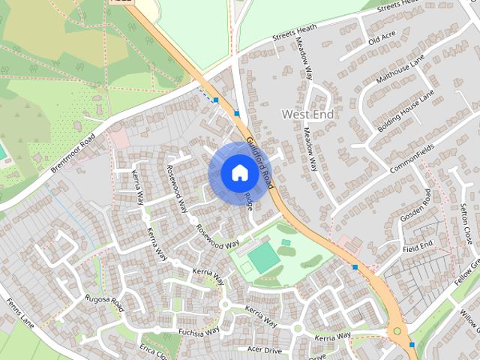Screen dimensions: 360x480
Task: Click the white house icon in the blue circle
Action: click(x=238, y=173)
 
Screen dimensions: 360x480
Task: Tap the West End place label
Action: click(x=307, y=114)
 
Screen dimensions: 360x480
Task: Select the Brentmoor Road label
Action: click(x=73, y=154)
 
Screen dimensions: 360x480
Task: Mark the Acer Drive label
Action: click(x=264, y=349)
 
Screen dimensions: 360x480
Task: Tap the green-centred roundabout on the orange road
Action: click(x=397, y=331)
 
